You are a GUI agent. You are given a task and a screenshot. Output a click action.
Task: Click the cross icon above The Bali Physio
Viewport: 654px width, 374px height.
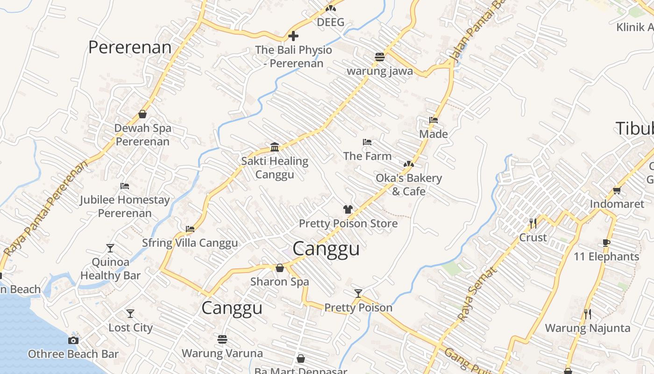click(x=293, y=36)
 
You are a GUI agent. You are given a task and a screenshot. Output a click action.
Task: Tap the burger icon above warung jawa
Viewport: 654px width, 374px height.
click(x=379, y=57)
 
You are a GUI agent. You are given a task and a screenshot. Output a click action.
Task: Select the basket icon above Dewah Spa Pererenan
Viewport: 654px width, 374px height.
click(x=142, y=114)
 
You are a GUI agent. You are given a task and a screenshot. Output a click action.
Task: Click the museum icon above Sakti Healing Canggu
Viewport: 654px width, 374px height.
click(x=275, y=147)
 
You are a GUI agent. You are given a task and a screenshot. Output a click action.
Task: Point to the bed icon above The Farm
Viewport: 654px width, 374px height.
click(x=367, y=142)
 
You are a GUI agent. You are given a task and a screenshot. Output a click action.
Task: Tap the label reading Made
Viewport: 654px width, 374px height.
click(x=434, y=134)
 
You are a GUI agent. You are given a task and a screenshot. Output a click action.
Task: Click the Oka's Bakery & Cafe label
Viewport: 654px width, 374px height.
click(x=409, y=185)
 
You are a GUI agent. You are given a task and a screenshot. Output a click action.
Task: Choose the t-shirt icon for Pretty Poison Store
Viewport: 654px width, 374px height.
click(x=348, y=209)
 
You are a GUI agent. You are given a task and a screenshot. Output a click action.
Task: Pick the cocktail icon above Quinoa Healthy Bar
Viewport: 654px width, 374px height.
click(x=110, y=248)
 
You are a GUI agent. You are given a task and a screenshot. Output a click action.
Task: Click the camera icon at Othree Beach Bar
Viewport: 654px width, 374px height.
click(x=73, y=340)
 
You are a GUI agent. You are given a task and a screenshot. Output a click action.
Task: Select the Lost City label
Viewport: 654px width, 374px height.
click(x=130, y=328)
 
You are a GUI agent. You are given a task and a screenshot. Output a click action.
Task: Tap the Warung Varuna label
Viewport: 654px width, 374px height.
click(x=222, y=353)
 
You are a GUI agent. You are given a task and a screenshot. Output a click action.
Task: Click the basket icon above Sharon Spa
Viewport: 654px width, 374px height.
click(x=279, y=268)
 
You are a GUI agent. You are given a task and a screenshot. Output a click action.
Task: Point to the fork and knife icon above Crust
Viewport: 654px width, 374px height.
click(x=533, y=223)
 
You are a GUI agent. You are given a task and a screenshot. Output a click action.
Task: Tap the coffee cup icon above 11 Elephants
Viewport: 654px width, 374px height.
click(x=606, y=243)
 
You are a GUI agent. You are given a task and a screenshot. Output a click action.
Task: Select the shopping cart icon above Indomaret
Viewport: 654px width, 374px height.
click(x=617, y=190)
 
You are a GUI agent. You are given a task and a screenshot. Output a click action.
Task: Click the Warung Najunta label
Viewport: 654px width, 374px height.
click(x=588, y=328)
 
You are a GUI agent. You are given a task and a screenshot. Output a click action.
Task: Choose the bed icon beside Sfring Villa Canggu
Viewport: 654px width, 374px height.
click(x=190, y=229)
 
